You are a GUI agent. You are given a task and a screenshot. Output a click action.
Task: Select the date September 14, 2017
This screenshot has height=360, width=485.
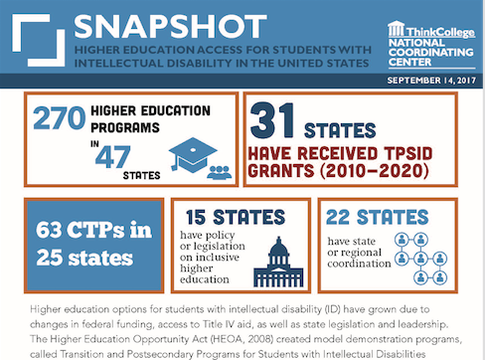[427, 79]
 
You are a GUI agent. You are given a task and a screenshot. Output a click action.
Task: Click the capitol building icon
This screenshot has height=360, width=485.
[277, 262]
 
